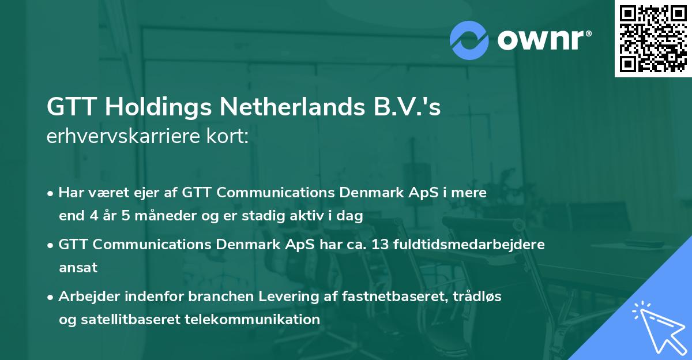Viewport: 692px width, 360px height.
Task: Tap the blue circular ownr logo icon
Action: (x=470, y=40)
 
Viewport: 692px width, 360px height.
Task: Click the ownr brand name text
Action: (x=544, y=39)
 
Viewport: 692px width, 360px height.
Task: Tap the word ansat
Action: (x=78, y=268)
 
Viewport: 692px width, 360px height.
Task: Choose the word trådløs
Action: (x=476, y=296)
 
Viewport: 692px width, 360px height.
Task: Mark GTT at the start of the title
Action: (x=67, y=108)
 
